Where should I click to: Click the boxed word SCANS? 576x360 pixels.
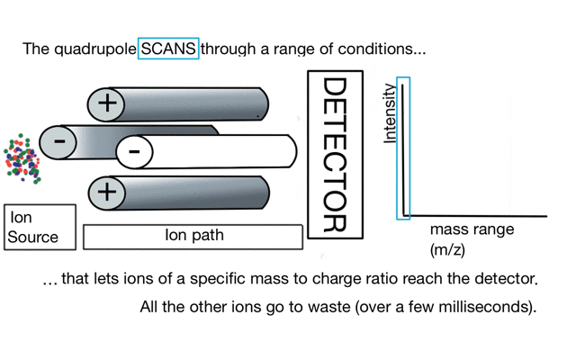tap(168, 48)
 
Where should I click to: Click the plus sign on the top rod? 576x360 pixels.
tap(107, 103)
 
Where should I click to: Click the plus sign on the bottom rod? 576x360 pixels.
tap(107, 192)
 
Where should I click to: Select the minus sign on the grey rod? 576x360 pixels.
tap(59, 142)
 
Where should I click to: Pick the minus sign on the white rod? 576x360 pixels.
tap(134, 151)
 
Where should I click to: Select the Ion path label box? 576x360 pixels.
tap(193, 237)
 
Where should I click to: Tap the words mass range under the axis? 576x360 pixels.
tap(472, 229)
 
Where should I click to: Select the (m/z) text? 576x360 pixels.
tap(446, 248)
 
